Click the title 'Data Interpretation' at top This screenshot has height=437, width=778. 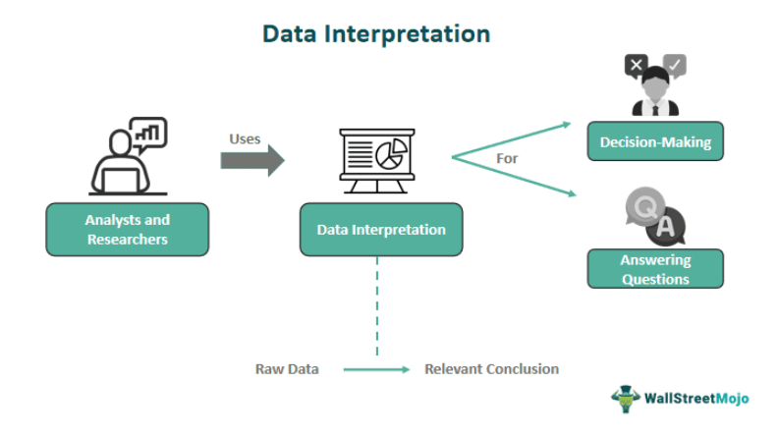(x=376, y=34)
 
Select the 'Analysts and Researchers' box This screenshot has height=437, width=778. (x=128, y=230)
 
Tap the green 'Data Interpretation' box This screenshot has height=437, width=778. (x=381, y=230)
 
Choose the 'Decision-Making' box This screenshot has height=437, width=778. (x=655, y=141)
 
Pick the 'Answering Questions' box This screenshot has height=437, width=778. (x=655, y=269)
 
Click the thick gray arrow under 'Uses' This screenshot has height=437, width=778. (x=252, y=160)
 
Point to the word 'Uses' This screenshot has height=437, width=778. (x=245, y=138)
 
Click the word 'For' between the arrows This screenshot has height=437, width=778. (x=507, y=159)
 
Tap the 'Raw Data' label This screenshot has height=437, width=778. (x=287, y=369)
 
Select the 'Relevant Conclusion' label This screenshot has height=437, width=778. (x=492, y=369)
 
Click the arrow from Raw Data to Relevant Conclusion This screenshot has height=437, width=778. (x=376, y=369)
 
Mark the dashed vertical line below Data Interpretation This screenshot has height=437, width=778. (x=377, y=306)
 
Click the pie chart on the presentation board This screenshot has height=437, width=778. (x=392, y=154)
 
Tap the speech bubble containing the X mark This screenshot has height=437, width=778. (x=637, y=66)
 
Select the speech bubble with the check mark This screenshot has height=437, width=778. (x=675, y=65)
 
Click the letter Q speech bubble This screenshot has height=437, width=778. (x=644, y=207)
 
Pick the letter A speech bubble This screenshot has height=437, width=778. (x=666, y=227)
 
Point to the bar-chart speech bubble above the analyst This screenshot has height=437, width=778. (x=148, y=134)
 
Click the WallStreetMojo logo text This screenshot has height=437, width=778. (x=696, y=399)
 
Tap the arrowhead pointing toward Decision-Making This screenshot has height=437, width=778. (x=566, y=125)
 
